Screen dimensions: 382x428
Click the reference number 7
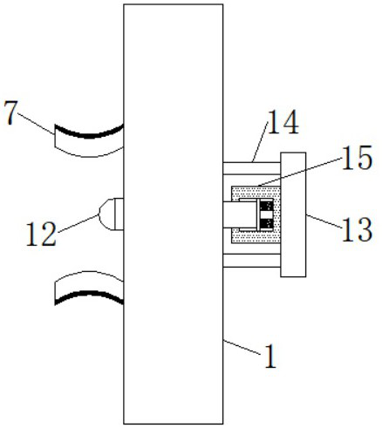point(10,112)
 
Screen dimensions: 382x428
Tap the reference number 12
point(41,234)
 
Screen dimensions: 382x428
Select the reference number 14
point(283,122)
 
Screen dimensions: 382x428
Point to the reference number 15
point(357,157)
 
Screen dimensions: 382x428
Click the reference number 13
point(357,229)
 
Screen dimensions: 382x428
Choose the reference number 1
point(270,357)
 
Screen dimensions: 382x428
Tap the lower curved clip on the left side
point(89,288)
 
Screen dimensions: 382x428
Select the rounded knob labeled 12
point(112,214)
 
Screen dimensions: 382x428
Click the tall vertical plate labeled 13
point(293,214)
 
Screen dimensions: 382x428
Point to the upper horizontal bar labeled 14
point(252,168)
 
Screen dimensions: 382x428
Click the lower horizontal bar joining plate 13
point(252,261)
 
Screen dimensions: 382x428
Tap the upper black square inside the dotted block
point(266,206)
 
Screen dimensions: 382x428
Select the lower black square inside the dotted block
point(266,224)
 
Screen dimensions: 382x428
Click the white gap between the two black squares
point(266,214)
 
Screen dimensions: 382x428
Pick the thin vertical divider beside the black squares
point(257,214)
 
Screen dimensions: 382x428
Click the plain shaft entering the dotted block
point(240,214)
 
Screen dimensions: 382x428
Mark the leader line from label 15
point(300,172)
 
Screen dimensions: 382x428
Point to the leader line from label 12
point(78,223)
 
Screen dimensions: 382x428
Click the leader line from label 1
point(242,347)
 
